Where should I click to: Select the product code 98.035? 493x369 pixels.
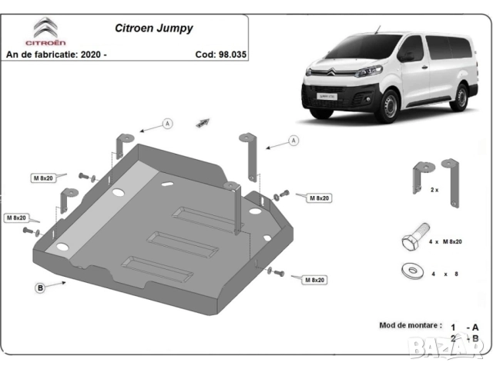coord(230,55)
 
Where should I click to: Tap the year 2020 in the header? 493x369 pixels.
coord(111,55)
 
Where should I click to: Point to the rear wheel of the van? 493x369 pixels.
coord(461,97)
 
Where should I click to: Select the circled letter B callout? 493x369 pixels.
coord(39,288)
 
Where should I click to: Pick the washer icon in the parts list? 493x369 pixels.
coord(413,271)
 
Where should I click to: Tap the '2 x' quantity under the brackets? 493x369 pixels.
coord(434,189)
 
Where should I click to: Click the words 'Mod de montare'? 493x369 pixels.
coord(411,326)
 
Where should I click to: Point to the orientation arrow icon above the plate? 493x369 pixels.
coord(204,121)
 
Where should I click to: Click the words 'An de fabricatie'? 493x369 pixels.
coord(42,55)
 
